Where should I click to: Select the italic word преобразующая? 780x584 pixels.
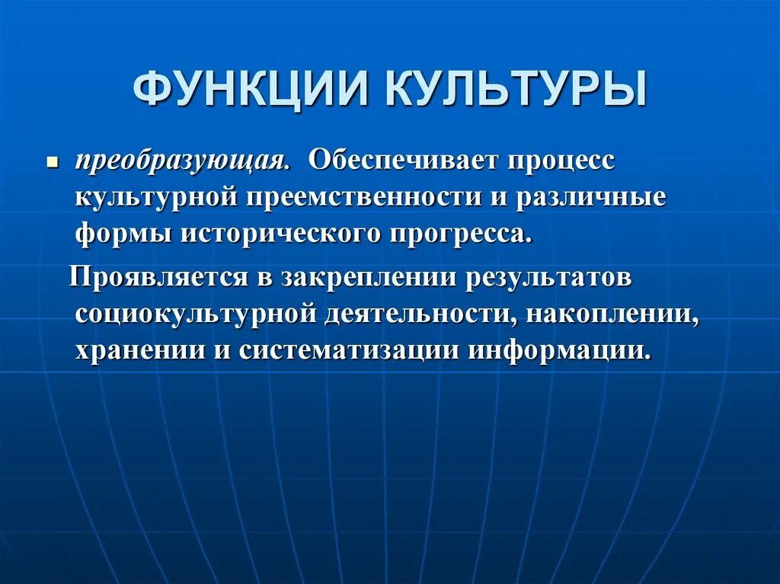181,161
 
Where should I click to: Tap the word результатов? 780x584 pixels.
548,276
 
